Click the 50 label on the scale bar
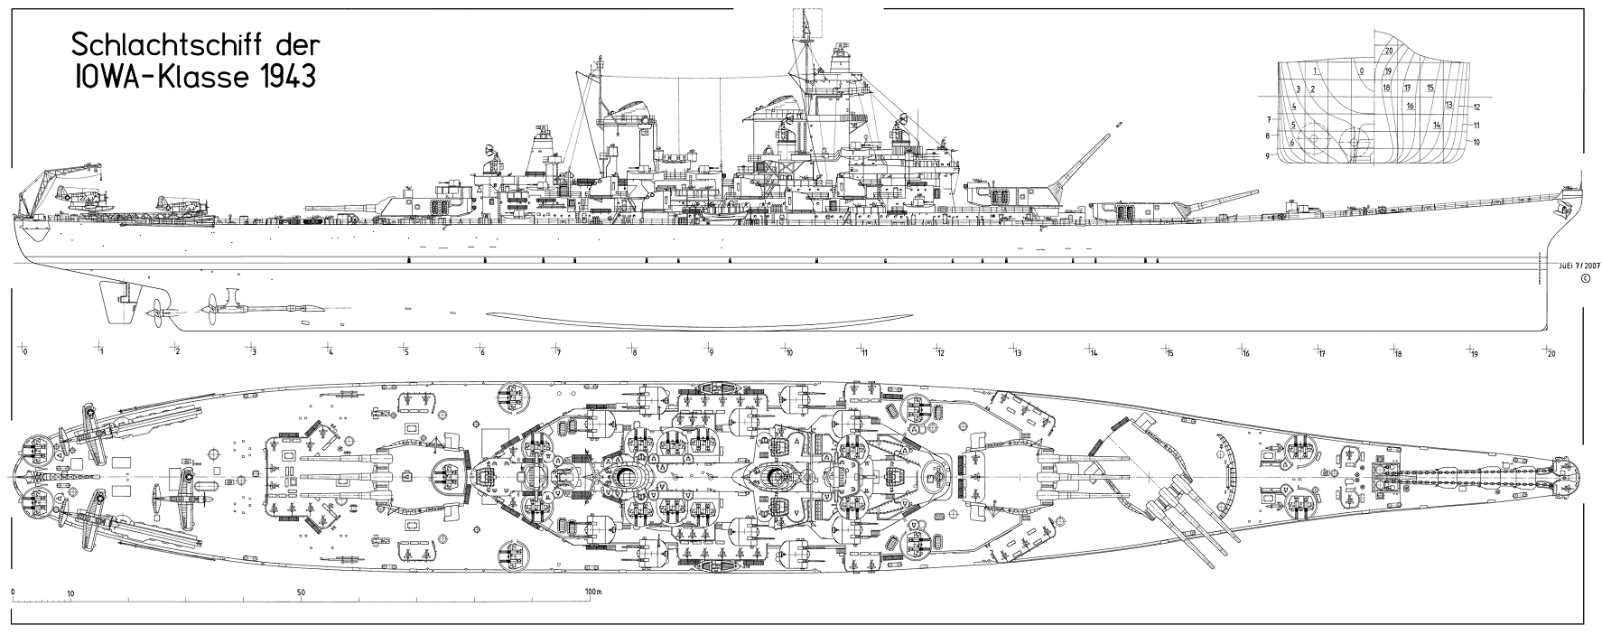pyautogui.click(x=302, y=593)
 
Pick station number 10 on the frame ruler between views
pyautogui.click(x=788, y=352)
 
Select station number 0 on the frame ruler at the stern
pyautogui.click(x=25, y=352)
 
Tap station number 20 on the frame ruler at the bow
pyautogui.click(x=1551, y=352)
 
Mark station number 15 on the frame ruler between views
pyautogui.click(x=1169, y=352)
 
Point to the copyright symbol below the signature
pyautogui.click(x=1583, y=278)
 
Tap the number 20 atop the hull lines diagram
pyautogui.click(x=1389, y=51)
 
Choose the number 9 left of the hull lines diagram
pyautogui.click(x=1268, y=156)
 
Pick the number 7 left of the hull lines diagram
pyautogui.click(x=1268, y=119)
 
